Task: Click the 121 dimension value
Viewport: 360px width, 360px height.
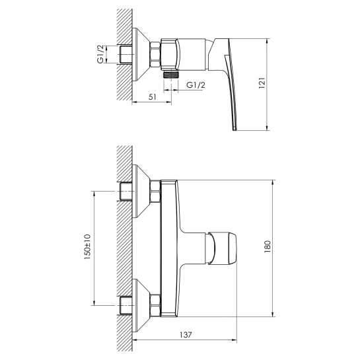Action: [262, 83]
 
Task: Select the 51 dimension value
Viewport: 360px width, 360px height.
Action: [152, 97]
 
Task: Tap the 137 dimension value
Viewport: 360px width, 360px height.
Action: [185, 335]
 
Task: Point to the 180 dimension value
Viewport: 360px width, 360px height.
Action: [268, 247]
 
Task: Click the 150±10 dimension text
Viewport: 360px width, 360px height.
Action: [87, 247]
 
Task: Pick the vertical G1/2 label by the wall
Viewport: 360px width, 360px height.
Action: [100, 54]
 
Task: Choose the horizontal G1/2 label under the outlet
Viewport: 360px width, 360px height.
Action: [196, 85]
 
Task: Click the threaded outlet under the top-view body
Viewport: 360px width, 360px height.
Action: [171, 75]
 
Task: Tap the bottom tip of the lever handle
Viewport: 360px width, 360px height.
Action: [234, 130]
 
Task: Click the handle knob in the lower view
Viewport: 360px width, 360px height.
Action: [221, 248]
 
